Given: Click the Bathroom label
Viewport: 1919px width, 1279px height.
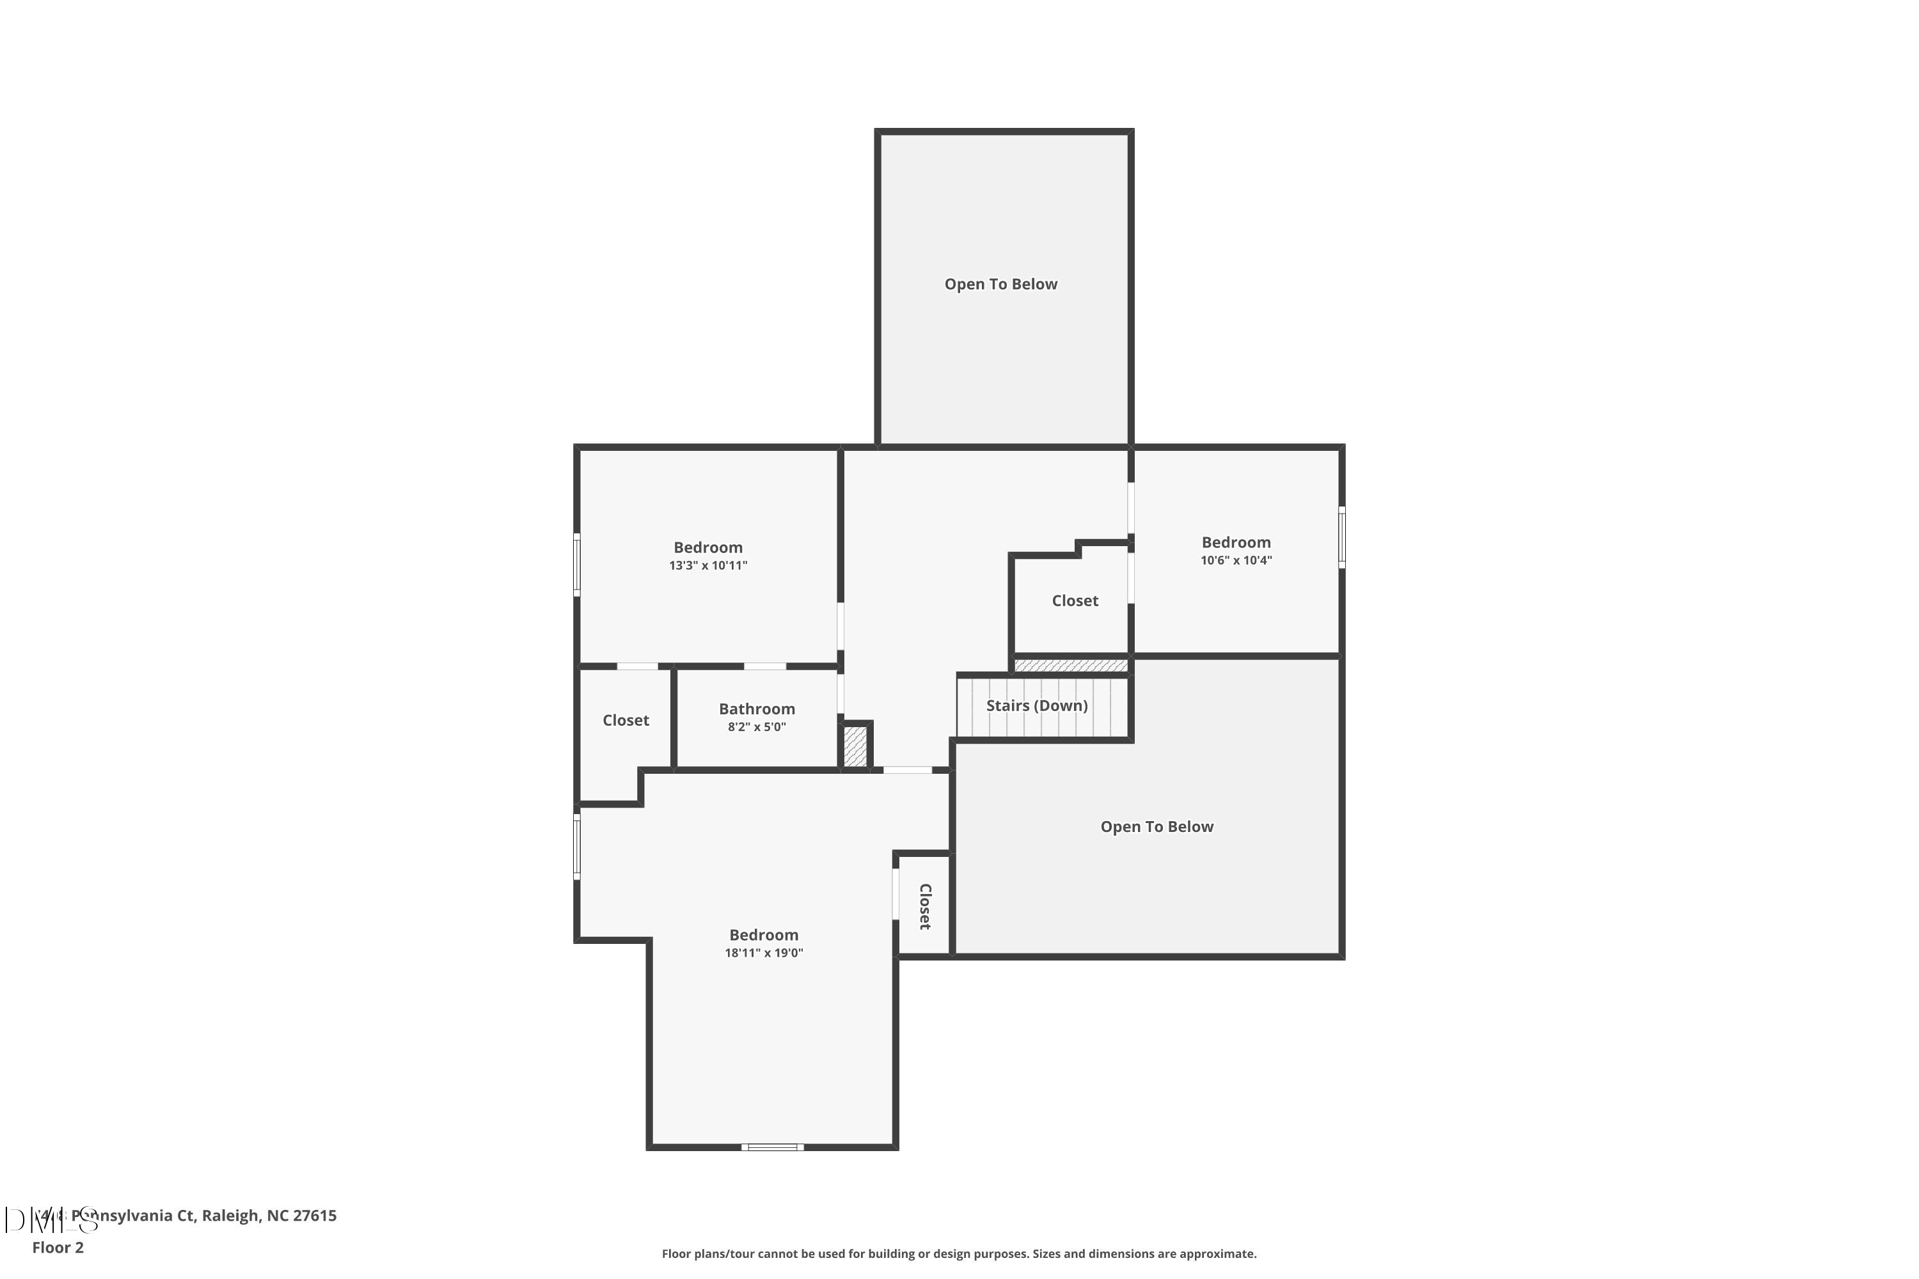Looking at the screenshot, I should coord(756,709).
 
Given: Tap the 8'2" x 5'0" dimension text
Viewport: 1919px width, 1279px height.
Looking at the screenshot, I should coord(756,726).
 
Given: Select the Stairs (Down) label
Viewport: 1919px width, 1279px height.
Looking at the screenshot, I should coord(1036,705).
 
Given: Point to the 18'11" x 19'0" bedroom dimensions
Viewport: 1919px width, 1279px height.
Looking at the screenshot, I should coord(764,953).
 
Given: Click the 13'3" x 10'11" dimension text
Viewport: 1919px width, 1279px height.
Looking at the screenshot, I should coord(707,565).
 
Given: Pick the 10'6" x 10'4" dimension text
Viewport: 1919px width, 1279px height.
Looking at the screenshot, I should coord(1235,560).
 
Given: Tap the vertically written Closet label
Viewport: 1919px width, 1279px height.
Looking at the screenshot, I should coord(924,906).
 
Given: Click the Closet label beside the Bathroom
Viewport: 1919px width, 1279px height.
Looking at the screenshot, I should coord(625,720).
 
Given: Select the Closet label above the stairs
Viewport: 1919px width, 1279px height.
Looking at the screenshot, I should coord(1075,600).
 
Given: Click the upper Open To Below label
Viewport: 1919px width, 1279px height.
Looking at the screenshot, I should coord(1000,284).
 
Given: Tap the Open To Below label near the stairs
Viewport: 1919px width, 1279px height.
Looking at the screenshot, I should coord(1156,826).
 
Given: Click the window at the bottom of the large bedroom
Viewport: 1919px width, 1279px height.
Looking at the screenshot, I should coord(772,1147).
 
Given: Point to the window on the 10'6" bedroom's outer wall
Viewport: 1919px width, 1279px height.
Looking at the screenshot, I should coord(1341,537).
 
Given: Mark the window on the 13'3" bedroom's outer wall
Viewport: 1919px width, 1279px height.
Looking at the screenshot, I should coord(577,565).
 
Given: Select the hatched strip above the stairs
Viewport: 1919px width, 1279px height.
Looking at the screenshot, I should coord(1070,666).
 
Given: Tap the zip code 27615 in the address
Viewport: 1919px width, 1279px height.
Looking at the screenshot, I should coord(314,1216).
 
